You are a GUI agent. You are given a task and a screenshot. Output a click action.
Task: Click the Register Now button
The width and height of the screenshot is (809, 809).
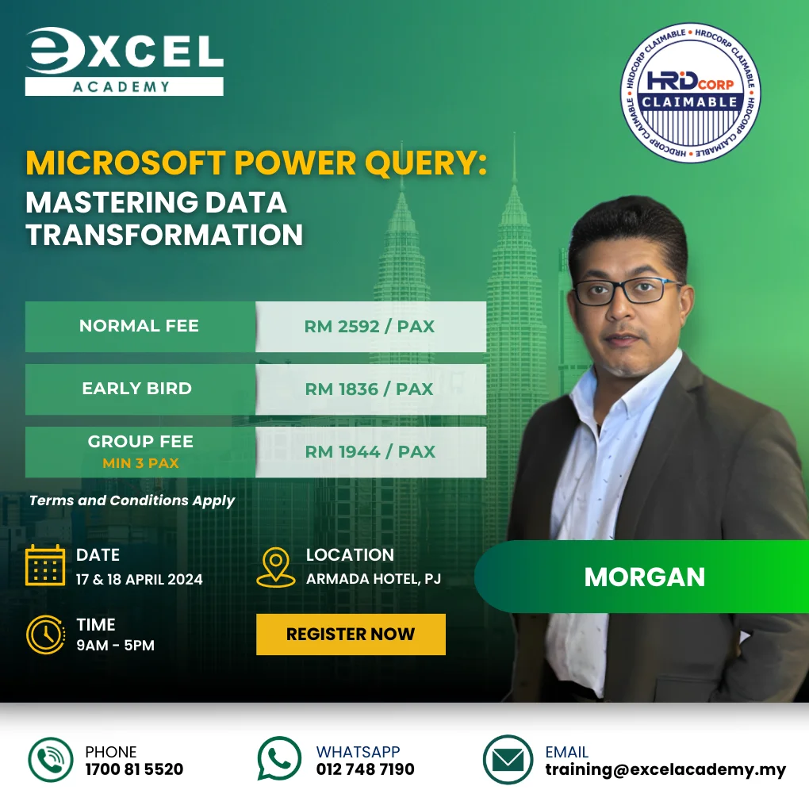[351, 634]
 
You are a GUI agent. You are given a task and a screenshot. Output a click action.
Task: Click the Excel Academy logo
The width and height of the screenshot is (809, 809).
[124, 62]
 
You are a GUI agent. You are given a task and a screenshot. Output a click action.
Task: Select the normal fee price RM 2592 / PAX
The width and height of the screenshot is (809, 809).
[370, 326]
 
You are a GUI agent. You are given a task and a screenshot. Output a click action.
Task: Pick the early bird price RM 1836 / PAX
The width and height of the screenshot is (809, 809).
[370, 389]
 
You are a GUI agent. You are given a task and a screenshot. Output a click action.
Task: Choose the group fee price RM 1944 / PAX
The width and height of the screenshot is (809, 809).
[370, 451]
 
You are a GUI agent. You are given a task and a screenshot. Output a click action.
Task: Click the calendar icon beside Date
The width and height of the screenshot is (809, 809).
[45, 565]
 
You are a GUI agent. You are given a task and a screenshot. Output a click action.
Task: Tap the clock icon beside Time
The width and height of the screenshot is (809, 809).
[45, 634]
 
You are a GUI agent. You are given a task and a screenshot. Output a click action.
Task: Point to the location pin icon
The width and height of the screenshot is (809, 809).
[276, 566]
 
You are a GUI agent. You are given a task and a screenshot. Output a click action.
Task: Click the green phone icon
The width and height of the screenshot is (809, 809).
[51, 759]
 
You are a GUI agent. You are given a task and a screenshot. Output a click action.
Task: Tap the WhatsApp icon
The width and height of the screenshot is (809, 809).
[279, 759]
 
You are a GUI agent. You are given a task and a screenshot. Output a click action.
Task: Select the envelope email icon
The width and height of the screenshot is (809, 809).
[508, 760]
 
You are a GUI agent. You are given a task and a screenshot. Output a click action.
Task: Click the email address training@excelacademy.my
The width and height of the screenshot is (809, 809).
[665, 769]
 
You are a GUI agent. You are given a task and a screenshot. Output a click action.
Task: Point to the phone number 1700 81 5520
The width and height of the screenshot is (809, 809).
[134, 769]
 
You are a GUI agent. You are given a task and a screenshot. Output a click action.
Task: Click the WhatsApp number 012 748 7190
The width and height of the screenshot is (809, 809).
[365, 769]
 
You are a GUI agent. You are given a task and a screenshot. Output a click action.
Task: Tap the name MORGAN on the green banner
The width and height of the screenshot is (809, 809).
[644, 577]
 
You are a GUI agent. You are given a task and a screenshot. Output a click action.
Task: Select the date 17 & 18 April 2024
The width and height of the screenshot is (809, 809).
[140, 579]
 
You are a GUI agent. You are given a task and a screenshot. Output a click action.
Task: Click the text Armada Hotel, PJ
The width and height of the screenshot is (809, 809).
[373, 579]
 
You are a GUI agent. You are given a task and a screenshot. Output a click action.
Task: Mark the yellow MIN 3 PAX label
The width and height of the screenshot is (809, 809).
[140, 462]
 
